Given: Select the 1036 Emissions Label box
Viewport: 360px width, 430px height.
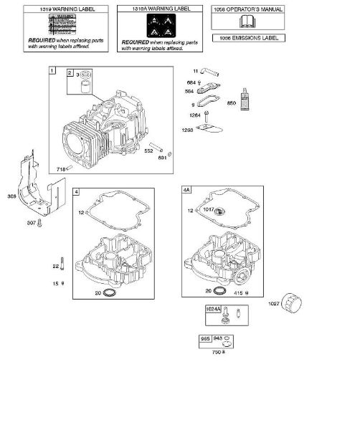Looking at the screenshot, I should pos(247,37).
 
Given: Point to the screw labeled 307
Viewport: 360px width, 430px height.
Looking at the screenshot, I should pos(42,224).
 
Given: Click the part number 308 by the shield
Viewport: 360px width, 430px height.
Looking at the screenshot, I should pos(12,196).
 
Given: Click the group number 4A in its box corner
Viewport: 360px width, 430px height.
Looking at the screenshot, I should pos(188,191).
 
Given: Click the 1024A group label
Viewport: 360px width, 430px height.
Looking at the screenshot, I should pos(214,309).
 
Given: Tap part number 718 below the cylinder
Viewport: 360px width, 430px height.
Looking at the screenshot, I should pos(61,168).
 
